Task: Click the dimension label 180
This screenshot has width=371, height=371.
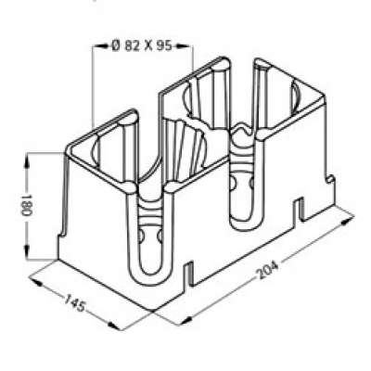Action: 27,206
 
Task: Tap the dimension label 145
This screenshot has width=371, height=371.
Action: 74,303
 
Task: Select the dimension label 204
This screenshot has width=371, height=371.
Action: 268,270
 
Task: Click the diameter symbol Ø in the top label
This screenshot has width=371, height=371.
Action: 115,46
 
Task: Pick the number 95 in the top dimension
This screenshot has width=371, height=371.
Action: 163,46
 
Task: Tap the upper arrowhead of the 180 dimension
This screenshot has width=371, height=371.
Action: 27,163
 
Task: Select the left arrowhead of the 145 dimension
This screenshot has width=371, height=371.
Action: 36,282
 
